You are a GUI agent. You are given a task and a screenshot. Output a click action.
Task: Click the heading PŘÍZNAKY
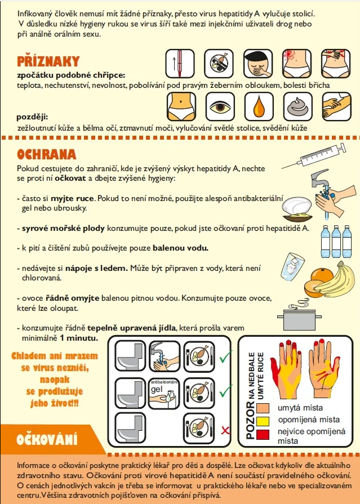pyautogui.click(x=48, y=61)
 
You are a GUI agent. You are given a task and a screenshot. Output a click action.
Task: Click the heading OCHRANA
pyautogui.click(x=47, y=155)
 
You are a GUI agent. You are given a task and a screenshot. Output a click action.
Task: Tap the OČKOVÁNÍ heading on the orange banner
pyautogui.click(x=47, y=440)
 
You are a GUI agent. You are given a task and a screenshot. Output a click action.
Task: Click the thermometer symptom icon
pyautogui.click(x=180, y=63)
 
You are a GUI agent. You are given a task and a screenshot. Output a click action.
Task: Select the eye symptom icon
pyautogui.click(x=220, y=107)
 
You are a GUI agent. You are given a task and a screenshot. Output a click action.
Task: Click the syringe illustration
pyautogui.click(x=314, y=156)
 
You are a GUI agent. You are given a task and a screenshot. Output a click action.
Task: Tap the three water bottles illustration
pyautogui.click(x=336, y=241)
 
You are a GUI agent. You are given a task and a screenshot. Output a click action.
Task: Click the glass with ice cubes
pyautogui.click(x=292, y=266)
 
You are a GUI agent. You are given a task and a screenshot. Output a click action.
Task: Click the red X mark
pyautogui.click(x=225, y=430)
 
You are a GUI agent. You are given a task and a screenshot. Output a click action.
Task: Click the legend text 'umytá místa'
pyautogui.click(x=300, y=408)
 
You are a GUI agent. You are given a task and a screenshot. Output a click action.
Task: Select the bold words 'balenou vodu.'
pyautogui.click(x=180, y=248)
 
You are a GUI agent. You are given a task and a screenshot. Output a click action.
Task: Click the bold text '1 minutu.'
pyautogui.click(x=79, y=338)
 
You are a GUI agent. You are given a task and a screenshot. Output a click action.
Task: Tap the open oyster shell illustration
pyautogui.click(x=297, y=209)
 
